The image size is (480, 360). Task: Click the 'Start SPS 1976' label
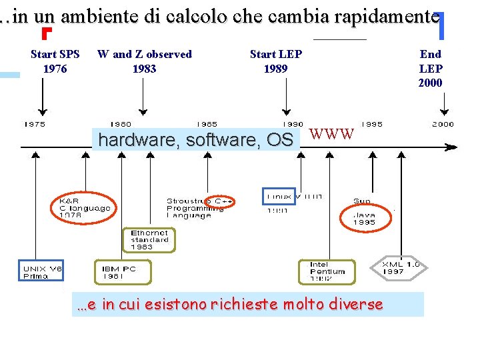55,61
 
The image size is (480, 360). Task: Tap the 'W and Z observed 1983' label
144,61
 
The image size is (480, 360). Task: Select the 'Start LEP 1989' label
275,61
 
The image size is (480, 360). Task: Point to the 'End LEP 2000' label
430,69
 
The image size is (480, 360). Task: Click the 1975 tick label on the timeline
35,124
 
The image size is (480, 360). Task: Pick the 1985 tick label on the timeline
207,124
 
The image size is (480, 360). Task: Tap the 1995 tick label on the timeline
371,124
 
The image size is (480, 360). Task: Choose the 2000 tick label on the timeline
443,124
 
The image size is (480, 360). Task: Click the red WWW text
332,134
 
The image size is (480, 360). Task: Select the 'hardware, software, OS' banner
195,140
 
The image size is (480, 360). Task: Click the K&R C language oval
83,207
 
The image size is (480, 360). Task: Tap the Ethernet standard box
149,239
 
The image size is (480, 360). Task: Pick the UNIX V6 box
41,271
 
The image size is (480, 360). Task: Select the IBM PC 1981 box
123,272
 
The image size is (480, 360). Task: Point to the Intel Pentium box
327,272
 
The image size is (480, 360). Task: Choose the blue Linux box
278,196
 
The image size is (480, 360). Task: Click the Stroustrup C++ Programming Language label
199,208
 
